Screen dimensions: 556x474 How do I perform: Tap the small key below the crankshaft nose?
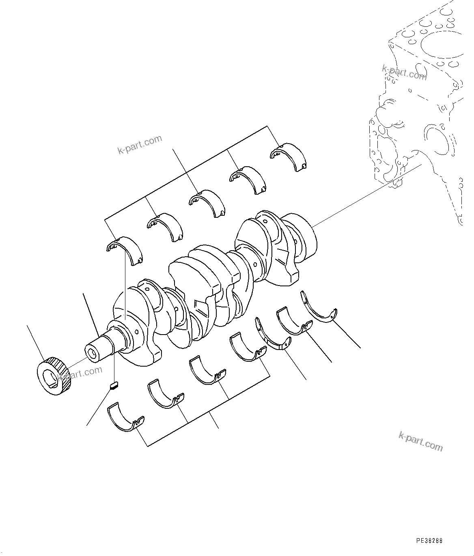tap(114, 385)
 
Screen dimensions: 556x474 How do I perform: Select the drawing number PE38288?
tap(429, 541)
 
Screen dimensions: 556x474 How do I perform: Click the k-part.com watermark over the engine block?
tap(404, 73)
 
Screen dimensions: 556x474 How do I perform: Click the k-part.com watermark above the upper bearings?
tap(140, 145)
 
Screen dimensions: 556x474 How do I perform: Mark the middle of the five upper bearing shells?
tap(207, 202)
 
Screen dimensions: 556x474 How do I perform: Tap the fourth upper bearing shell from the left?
tap(248, 178)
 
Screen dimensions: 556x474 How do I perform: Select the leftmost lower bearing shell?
tap(125, 416)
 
